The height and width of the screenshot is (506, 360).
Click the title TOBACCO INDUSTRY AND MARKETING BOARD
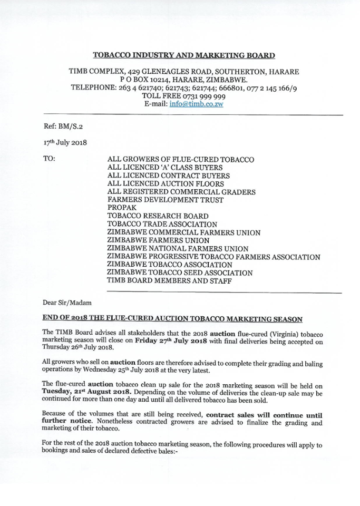point(184,55)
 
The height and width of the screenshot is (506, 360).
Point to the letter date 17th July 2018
point(65,143)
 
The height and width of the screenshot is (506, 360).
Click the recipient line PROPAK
point(122,208)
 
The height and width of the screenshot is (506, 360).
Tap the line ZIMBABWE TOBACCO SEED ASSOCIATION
point(180,273)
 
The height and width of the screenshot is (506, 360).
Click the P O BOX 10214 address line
point(184,79)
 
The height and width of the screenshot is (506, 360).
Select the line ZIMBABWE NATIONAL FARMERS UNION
point(177,249)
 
